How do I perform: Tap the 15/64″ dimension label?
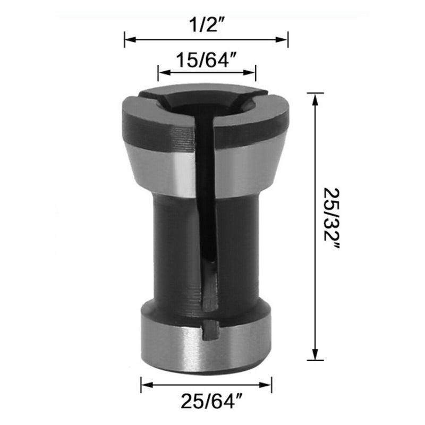point(207,60)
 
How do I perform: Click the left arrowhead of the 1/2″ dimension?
point(128,39)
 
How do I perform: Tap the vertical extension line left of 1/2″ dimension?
point(125,39)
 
